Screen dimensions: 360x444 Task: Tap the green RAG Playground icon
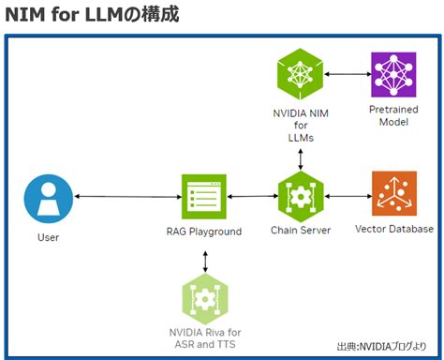click(x=204, y=197)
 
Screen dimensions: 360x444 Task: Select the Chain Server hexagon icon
click(x=300, y=196)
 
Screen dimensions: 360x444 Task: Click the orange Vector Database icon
click(x=394, y=195)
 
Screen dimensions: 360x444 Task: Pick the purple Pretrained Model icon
click(x=394, y=75)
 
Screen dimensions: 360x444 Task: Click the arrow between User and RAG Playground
click(x=126, y=197)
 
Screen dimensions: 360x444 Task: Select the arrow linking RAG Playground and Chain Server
click(x=252, y=197)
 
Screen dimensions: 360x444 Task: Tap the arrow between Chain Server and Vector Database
click(x=347, y=196)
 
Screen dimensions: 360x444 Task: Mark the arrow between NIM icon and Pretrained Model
click(x=347, y=75)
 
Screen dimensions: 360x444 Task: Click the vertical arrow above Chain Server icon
click(x=300, y=157)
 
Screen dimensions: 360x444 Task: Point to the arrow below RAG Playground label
click(x=204, y=258)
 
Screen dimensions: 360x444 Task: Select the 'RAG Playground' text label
click(x=204, y=232)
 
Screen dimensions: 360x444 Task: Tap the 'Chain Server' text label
click(x=300, y=231)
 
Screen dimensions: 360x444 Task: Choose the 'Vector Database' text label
click(x=394, y=229)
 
